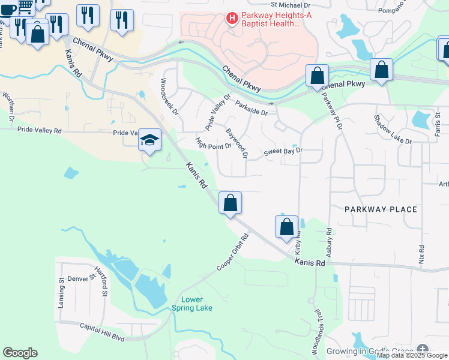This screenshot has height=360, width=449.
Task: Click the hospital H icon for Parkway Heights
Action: coord(232,19)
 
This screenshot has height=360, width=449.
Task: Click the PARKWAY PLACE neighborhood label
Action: coord(381,209)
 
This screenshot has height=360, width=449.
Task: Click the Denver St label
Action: coord(77,278)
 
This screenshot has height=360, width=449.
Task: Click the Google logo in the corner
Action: coord(20,353)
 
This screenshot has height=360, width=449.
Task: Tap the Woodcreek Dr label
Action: coord(169,96)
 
